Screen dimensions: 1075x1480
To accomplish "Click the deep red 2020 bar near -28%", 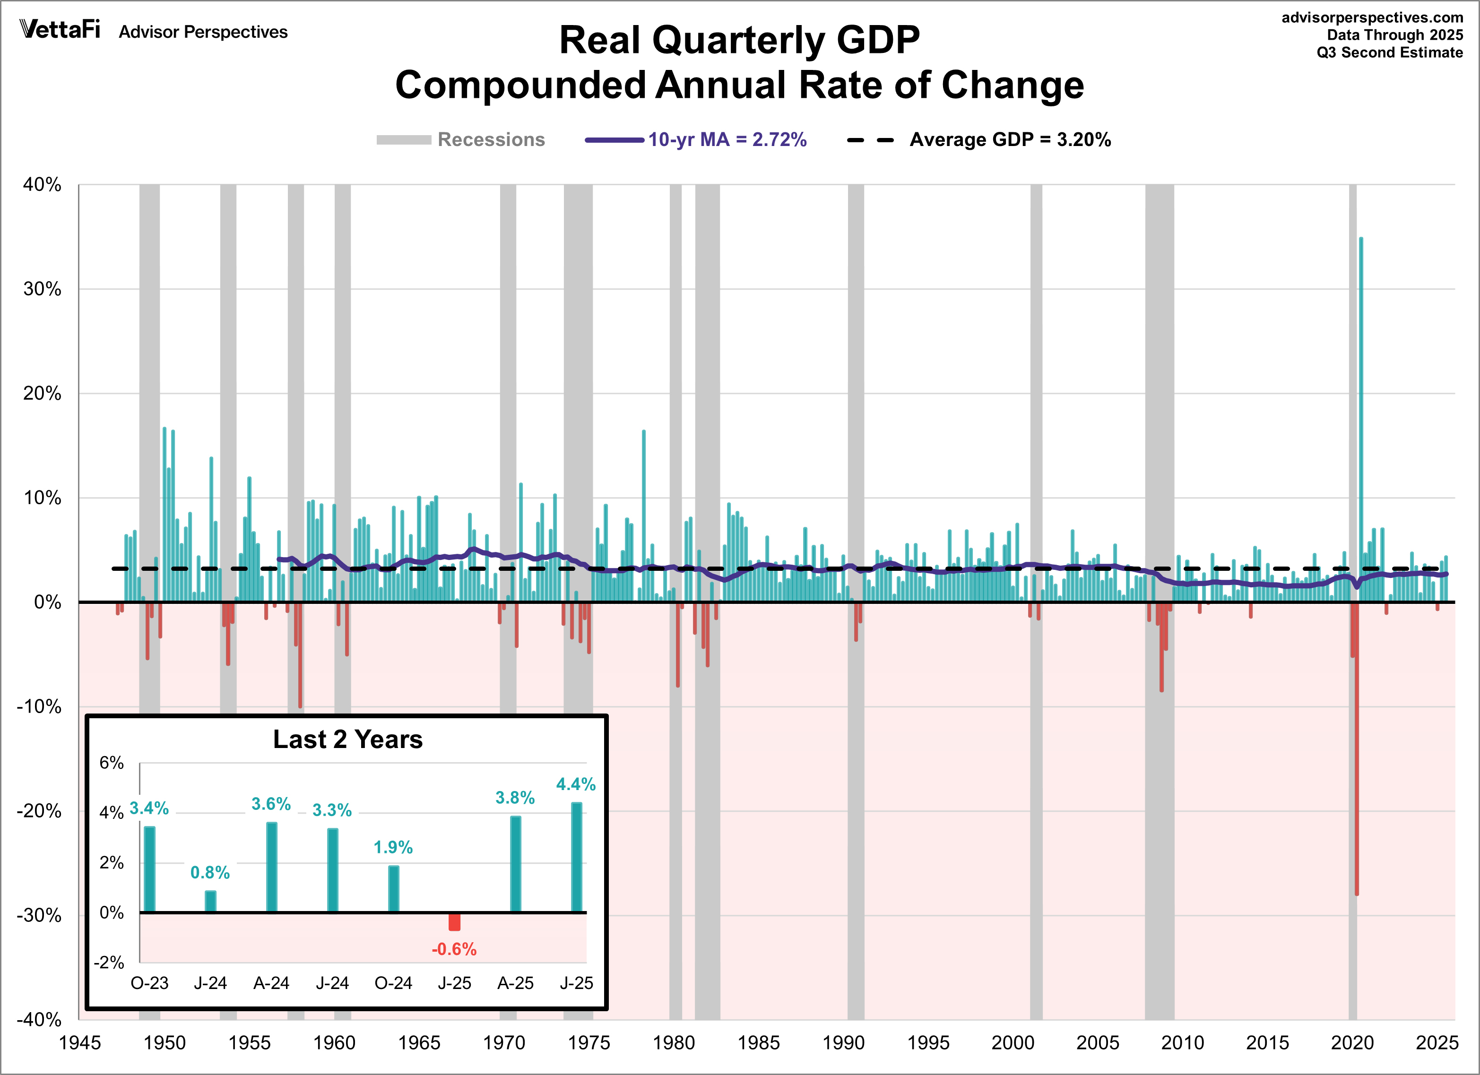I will (1356, 783).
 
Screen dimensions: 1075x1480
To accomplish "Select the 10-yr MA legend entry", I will (696, 139).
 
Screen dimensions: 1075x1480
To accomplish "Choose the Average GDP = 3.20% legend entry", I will (979, 139).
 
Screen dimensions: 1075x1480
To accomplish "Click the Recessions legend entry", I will (461, 139).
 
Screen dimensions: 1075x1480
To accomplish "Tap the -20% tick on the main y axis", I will (39, 811).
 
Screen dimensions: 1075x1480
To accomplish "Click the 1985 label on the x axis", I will (758, 1042).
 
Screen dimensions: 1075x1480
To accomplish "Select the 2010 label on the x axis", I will (1182, 1042).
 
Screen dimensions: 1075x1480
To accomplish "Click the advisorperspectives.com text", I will (1372, 17).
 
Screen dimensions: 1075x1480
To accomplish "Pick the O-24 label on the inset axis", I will (393, 982).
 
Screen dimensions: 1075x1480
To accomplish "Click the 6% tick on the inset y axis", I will (111, 763).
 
